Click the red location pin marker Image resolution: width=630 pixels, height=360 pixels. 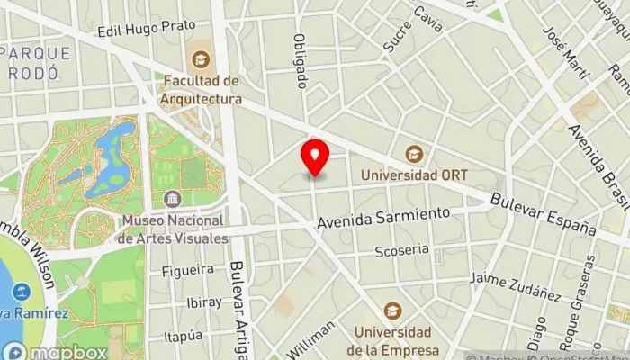coord(315,158)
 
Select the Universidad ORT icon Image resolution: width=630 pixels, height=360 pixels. coord(414,154)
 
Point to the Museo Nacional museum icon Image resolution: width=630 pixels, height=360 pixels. coord(172,198)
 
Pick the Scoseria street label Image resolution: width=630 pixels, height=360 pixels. coord(402,250)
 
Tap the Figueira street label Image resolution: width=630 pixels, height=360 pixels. coord(188,269)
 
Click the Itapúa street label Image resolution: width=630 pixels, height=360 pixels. coord(184,336)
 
